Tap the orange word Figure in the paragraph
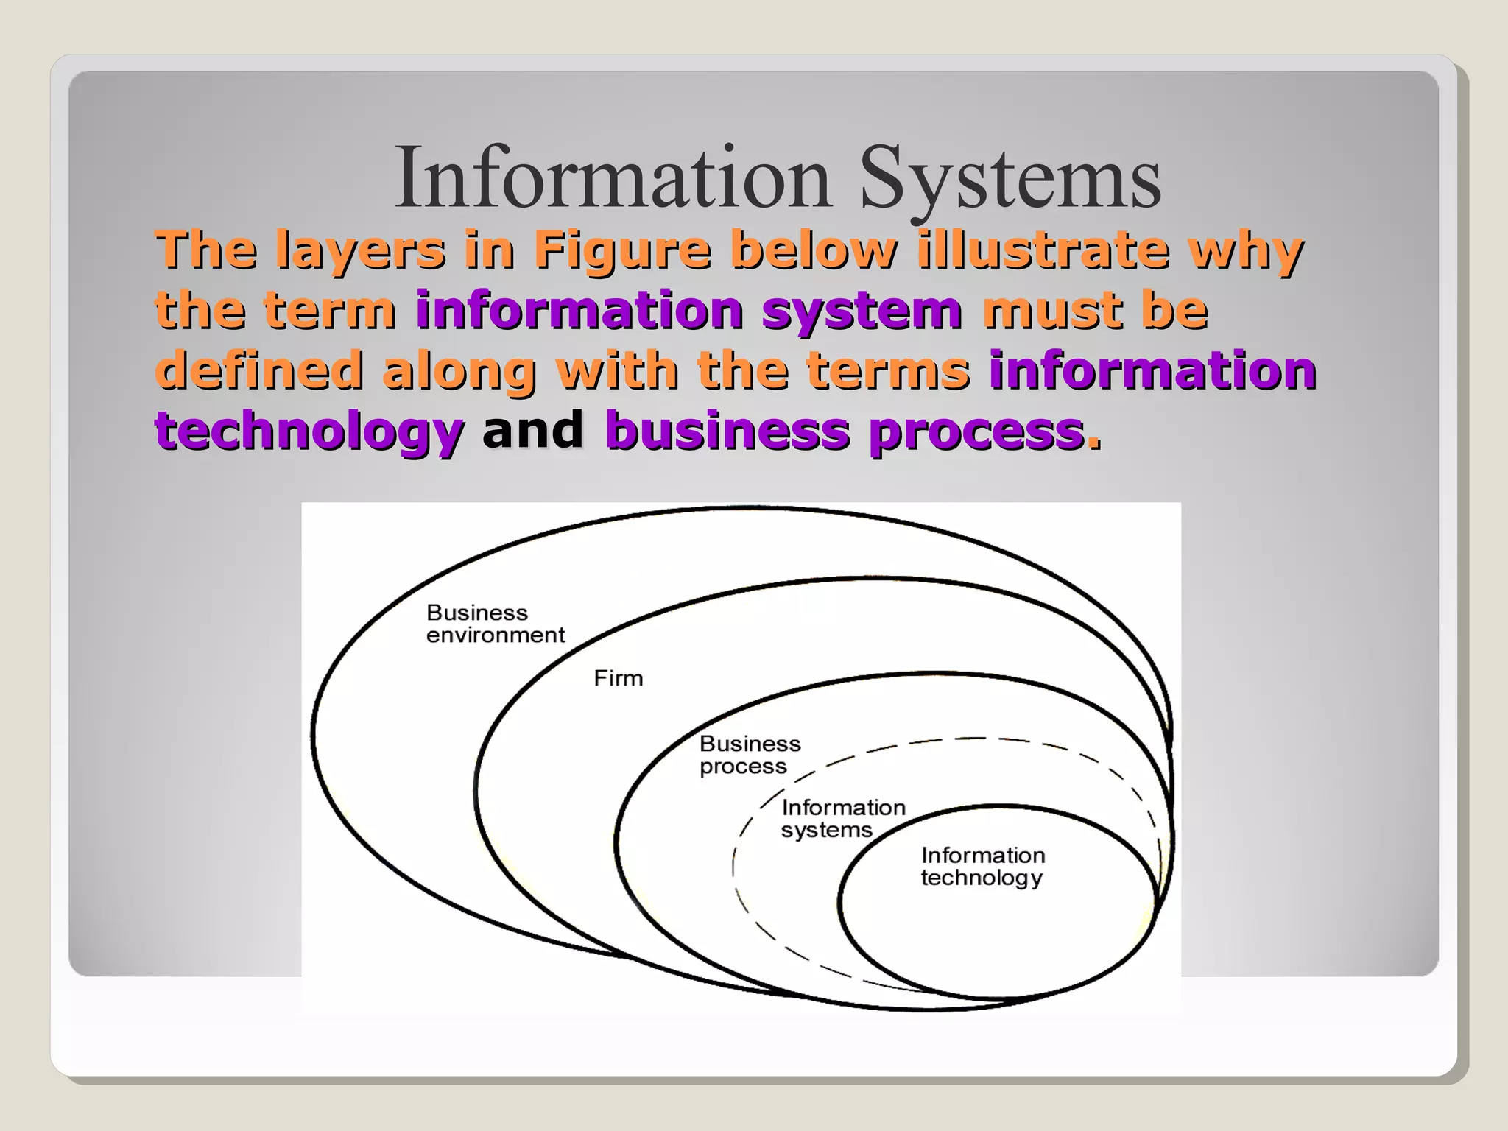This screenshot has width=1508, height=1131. tap(622, 250)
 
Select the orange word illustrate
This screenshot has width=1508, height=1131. tap(1043, 250)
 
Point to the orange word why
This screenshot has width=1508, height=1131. tap(1246, 251)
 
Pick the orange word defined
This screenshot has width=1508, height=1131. tap(259, 370)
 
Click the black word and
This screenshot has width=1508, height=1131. tap(532, 430)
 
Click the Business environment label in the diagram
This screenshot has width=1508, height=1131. tap(495, 624)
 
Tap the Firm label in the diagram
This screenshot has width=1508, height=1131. tap(619, 678)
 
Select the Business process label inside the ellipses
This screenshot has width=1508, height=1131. tap(750, 755)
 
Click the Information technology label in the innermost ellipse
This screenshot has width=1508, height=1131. tap(982, 866)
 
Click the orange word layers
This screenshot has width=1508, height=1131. tap(360, 251)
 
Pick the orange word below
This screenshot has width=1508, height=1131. tap(813, 250)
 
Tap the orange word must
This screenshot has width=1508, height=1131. tap(1051, 310)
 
